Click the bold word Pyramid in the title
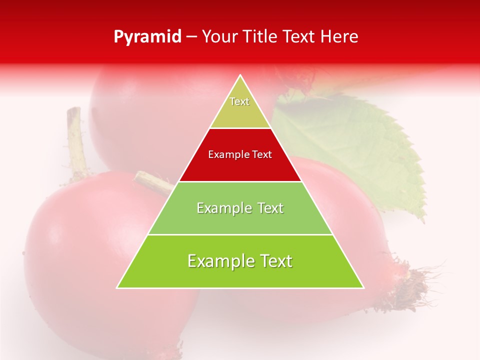(x=147, y=37)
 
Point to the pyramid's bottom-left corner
(x=118, y=287)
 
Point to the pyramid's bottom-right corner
(x=363, y=287)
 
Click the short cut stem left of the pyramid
(x=152, y=182)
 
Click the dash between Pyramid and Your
(x=191, y=37)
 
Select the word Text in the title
(x=298, y=37)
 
